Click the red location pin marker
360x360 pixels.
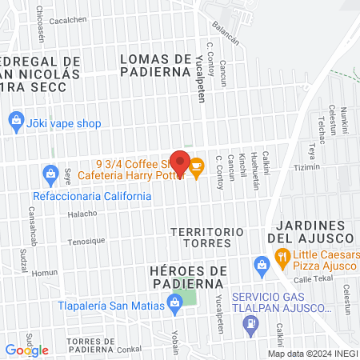pyautogui.click(x=180, y=163)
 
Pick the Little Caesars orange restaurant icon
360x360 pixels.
pyautogui.click(x=282, y=257)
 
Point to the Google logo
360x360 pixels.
pyautogui.click(x=26, y=350)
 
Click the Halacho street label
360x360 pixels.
pyautogui.click(x=82, y=214)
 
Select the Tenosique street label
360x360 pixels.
pyautogui.click(x=86, y=241)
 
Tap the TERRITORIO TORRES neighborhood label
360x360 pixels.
pyautogui.click(x=207, y=238)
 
